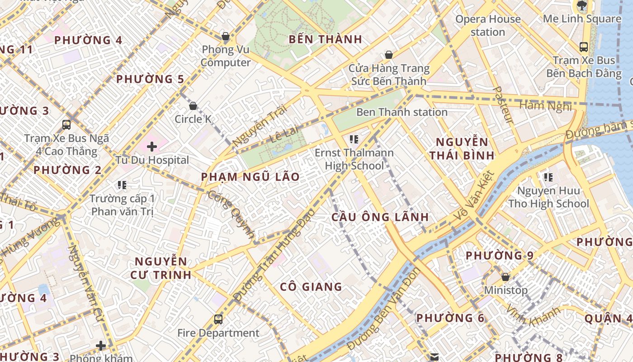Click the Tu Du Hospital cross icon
click(152, 146)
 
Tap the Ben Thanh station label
click(402, 112)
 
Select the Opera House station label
click(488, 25)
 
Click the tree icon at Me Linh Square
click(581, 6)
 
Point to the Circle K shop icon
click(193, 106)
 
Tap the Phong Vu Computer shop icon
click(225, 36)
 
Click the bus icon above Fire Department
click(218, 319)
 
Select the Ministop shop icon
click(505, 276)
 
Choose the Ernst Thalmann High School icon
click(354, 139)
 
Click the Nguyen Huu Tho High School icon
click(548, 177)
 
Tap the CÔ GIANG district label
click(311, 286)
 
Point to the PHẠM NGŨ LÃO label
click(250, 177)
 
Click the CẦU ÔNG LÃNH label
click(380, 217)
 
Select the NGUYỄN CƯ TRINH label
click(161, 268)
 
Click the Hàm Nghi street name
click(545, 105)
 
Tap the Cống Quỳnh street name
click(231, 214)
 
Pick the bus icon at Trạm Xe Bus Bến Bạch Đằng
click(584, 47)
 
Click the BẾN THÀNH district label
click(326, 39)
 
